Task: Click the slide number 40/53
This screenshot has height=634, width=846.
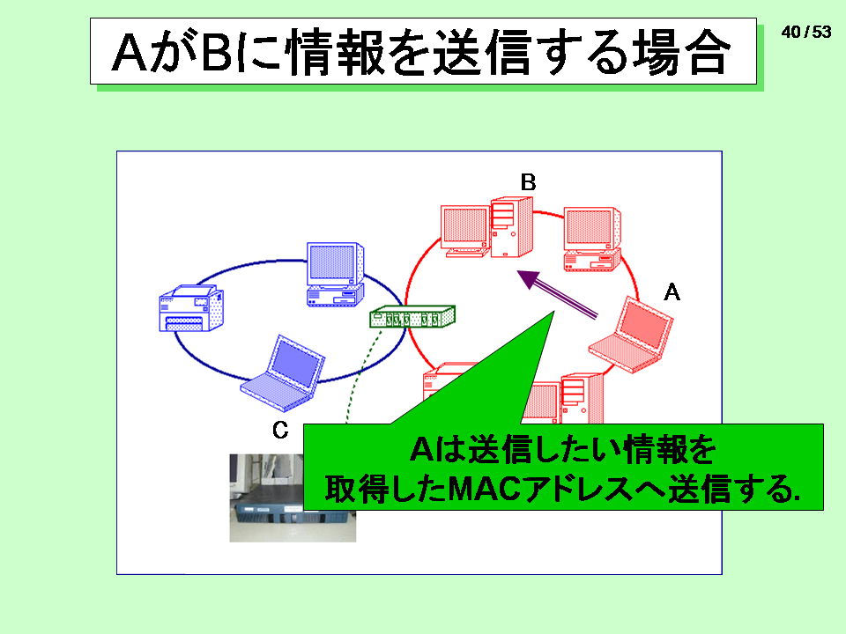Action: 806,32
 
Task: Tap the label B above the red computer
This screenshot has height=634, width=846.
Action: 528,182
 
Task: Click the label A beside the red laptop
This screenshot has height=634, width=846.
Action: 672,292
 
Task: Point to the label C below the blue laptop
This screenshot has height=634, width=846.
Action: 280,430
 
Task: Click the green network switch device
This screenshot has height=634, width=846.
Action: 412,316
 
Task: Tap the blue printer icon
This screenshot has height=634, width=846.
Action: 191,308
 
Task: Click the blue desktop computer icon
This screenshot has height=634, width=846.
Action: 335,275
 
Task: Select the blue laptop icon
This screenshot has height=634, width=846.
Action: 282,373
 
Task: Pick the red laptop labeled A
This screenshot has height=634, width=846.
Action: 631,335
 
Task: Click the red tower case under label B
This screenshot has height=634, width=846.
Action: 512,227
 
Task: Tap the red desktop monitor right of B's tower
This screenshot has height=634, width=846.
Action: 592,239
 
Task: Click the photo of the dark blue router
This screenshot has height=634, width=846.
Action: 293,498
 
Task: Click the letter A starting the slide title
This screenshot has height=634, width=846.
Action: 130,52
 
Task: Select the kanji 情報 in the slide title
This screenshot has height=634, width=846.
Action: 337,52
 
